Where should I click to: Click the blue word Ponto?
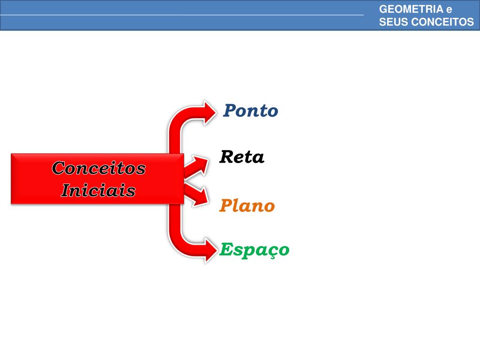coord(250,111)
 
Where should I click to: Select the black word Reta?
coord(242,157)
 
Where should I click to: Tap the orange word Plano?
coord(247,206)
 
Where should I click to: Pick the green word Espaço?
coord(255,250)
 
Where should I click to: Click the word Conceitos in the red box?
coord(98,167)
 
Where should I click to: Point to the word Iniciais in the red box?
coord(98,190)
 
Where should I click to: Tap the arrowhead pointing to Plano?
coord(202,195)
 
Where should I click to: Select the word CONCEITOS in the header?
coord(445,22)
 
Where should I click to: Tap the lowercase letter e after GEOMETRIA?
coord(449,9)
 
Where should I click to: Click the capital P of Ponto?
coord(229,111)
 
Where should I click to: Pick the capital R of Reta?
coord(226,157)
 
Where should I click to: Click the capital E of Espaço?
coord(226,249)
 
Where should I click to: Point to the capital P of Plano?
coord(225,206)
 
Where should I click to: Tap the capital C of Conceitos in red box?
coord(58,167)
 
